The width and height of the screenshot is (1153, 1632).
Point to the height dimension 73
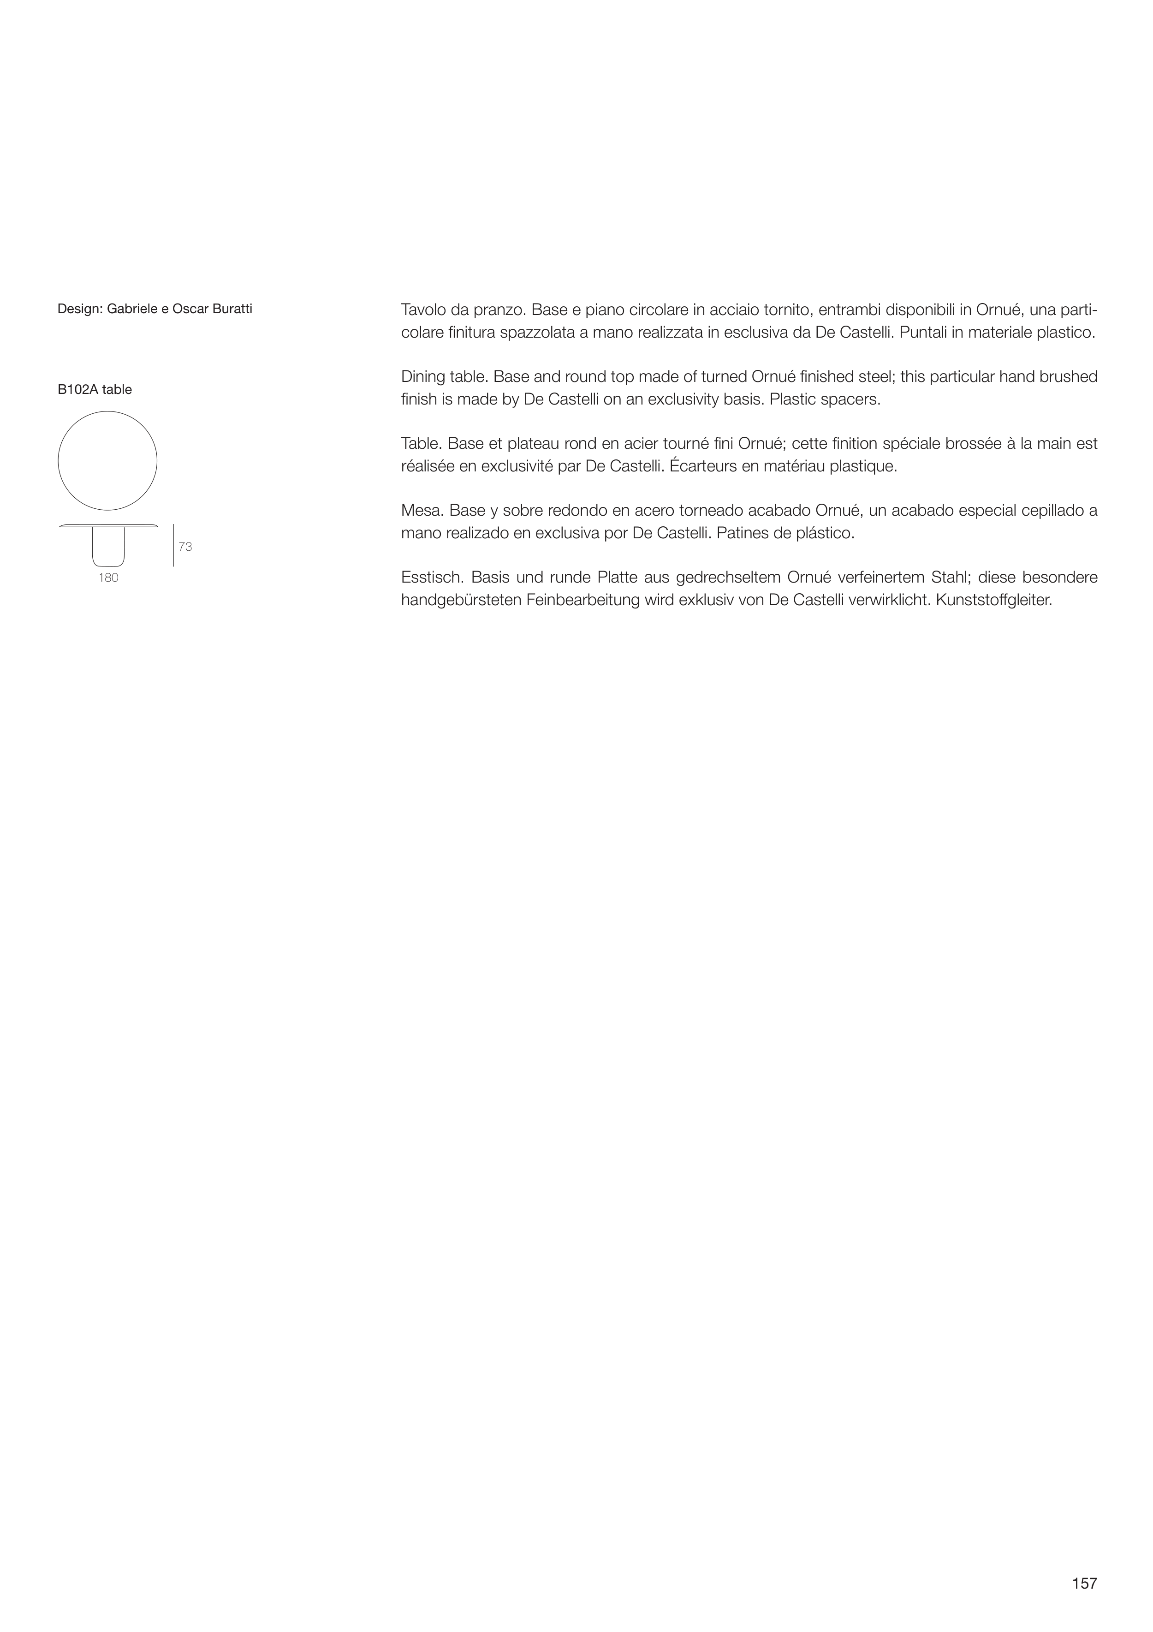click(x=185, y=547)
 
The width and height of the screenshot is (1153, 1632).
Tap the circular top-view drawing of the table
click(x=107, y=461)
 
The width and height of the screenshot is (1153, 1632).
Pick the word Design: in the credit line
click(x=80, y=309)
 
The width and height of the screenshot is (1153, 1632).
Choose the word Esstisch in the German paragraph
click(x=431, y=577)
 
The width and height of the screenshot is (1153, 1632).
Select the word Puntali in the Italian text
click(x=923, y=333)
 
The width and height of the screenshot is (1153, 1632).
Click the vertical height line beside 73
click(x=173, y=546)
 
